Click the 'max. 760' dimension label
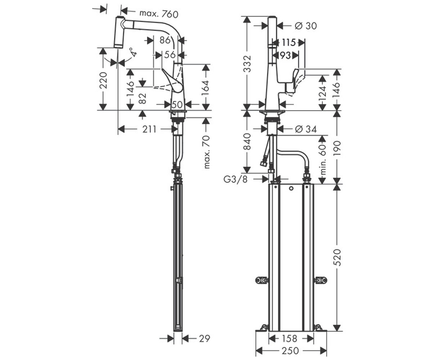pyautogui.click(x=159, y=14)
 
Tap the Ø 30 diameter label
pyautogui.click(x=306, y=26)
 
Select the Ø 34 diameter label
pyautogui.click(x=306, y=129)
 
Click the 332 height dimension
pyautogui.click(x=247, y=63)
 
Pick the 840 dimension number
pyautogui.click(x=247, y=141)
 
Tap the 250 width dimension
pyautogui.click(x=290, y=351)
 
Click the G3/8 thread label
pyautogui.click(x=236, y=179)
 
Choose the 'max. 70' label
pyautogui.click(x=206, y=152)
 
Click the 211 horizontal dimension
pyautogui.click(x=149, y=129)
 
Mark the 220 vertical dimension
pyautogui.click(x=103, y=80)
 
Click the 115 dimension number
pyautogui.click(x=289, y=42)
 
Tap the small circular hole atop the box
pyautogui.click(x=291, y=189)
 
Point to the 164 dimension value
pyautogui.click(x=206, y=88)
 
